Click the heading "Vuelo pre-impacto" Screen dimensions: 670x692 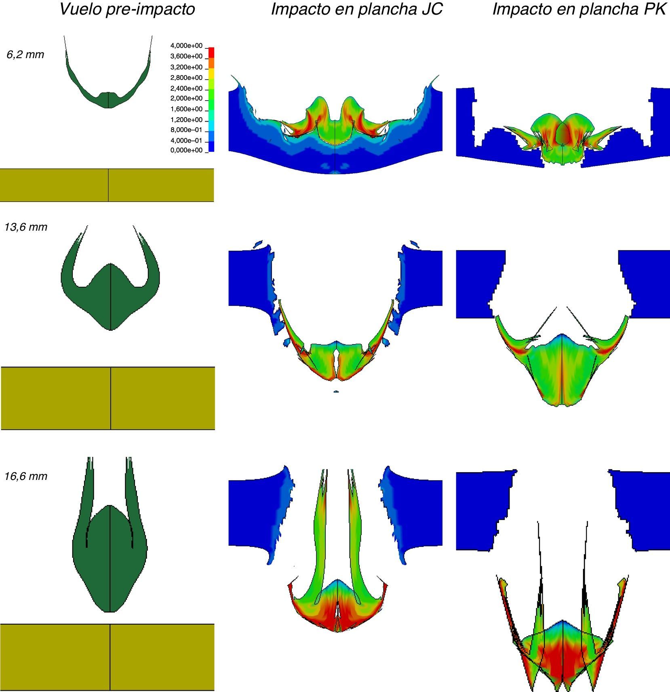click(x=127, y=9)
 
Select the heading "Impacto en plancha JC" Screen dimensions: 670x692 click(x=357, y=9)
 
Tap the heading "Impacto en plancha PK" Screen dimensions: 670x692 click(x=579, y=9)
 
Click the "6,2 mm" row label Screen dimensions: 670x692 click(x=25, y=55)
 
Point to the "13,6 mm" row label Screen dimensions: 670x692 click(x=26, y=227)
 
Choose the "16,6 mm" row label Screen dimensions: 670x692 click(x=26, y=476)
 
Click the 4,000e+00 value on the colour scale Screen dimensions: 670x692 click(x=186, y=46)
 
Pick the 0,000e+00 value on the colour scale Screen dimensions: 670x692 click(x=186, y=150)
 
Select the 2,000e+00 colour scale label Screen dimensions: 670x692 click(x=186, y=98)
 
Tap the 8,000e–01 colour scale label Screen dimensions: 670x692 click(x=186, y=130)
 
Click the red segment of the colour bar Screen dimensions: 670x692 click(x=211, y=53)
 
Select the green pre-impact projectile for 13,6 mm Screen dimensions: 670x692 click(x=110, y=299)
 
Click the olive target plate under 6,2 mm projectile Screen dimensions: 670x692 click(x=107, y=185)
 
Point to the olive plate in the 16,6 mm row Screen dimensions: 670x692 click(x=107, y=657)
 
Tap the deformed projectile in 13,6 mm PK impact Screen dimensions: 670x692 click(x=562, y=372)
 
